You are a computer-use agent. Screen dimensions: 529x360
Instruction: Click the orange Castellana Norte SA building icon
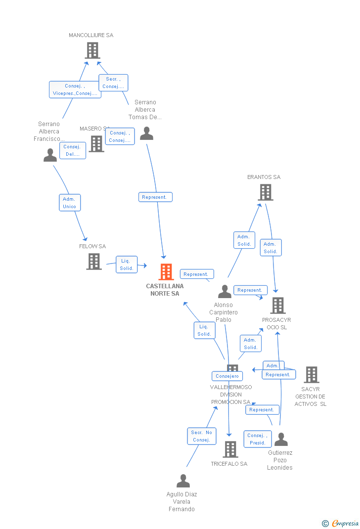pyautogui.click(x=166, y=272)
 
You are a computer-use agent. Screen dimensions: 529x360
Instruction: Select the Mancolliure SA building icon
pyautogui.click(x=92, y=50)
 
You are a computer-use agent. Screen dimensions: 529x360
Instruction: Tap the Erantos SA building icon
pyautogui.click(x=266, y=192)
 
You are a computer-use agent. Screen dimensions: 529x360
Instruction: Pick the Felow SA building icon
pyautogui.click(x=94, y=262)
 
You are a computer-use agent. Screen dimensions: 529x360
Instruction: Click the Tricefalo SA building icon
pyautogui.click(x=230, y=449)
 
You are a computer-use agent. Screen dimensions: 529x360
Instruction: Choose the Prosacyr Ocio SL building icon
pyautogui.click(x=278, y=306)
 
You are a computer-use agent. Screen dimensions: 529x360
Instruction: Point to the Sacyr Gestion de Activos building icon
pyautogui.click(x=312, y=375)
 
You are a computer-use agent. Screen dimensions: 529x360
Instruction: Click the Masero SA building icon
pyautogui.click(x=96, y=143)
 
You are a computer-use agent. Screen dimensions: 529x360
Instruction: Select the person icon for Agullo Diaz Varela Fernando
pyautogui.click(x=183, y=481)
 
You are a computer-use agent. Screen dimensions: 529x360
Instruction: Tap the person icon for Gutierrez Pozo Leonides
pyautogui.click(x=281, y=439)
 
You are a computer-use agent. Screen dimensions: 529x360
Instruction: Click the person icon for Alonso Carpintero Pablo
pyautogui.click(x=225, y=291)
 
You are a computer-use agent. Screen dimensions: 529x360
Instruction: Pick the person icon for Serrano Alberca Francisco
pyautogui.click(x=50, y=155)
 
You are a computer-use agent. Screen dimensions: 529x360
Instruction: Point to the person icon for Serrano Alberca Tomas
pyautogui.click(x=146, y=133)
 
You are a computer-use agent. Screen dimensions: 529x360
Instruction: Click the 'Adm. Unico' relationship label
pyautogui.click(x=70, y=203)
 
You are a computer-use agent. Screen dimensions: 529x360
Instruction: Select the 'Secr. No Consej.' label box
pyautogui.click(x=202, y=436)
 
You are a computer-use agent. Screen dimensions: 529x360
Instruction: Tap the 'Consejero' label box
pyautogui.click(x=227, y=376)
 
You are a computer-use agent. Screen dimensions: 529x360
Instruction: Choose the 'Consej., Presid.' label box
pyautogui.click(x=258, y=439)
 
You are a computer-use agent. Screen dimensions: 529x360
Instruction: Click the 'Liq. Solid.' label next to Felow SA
pyautogui.click(x=127, y=264)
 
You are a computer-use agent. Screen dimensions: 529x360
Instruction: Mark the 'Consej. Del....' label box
pyautogui.click(x=72, y=150)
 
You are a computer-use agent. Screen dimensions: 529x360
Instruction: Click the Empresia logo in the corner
pyautogui.click(x=341, y=523)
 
